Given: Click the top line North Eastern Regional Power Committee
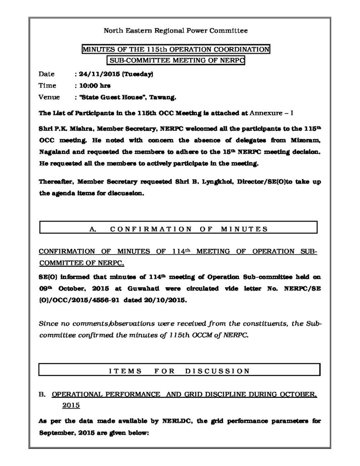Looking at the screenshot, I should (x=176, y=31).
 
